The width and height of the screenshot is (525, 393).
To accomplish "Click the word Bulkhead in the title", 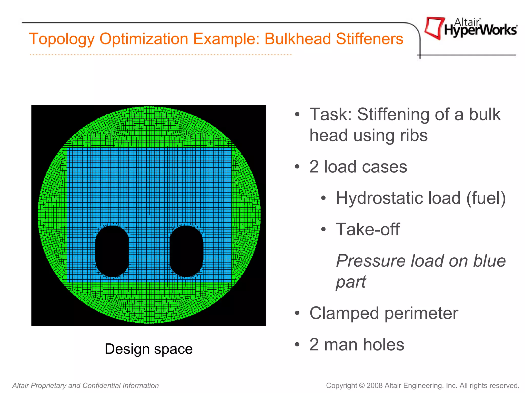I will tap(297, 39).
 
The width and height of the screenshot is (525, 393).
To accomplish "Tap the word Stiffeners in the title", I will tap(370, 39).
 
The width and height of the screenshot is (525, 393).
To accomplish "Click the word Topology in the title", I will tap(62, 39).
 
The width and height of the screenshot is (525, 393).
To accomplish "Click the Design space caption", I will tap(149, 349).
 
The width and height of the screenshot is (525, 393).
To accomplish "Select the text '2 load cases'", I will tap(358, 167).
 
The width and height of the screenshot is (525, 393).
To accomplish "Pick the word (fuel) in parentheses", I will tap(486, 198).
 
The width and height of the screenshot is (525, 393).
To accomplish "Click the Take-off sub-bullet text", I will tap(368, 229).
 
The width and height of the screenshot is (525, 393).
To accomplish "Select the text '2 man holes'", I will tap(357, 344).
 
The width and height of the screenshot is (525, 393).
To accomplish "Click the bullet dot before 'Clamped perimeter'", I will tap(297, 313).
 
